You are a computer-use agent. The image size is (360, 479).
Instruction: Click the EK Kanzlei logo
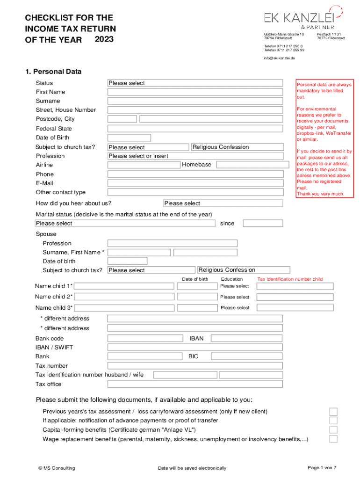pos(303,18)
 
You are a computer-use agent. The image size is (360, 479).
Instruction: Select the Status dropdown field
pos(195,83)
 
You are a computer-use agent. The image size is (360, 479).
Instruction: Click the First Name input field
pos(195,92)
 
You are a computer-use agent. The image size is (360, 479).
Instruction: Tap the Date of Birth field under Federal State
pos(129,138)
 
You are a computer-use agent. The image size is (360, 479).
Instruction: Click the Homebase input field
pos(249,165)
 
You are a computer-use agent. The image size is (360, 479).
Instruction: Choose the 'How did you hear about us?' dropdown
pos(223,203)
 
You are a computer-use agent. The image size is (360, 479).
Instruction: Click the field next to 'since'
pos(263,223)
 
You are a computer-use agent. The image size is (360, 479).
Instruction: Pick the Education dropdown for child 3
pos(235,308)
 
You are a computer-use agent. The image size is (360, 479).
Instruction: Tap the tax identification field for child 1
pos(295,286)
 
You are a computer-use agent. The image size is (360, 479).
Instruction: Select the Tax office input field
pos(195,384)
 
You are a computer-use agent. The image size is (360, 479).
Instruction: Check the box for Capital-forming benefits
pos(333,429)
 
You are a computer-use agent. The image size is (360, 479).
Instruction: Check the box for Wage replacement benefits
pos(333,439)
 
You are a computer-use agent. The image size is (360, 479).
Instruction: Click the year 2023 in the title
pos(104,39)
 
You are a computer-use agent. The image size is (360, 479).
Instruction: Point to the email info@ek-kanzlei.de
pos(279,58)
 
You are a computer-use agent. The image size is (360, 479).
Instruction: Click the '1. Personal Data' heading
pos(53,72)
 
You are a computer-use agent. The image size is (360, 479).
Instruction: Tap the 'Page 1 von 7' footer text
pos(322,468)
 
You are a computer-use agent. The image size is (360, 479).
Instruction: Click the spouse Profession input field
pos(172,243)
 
